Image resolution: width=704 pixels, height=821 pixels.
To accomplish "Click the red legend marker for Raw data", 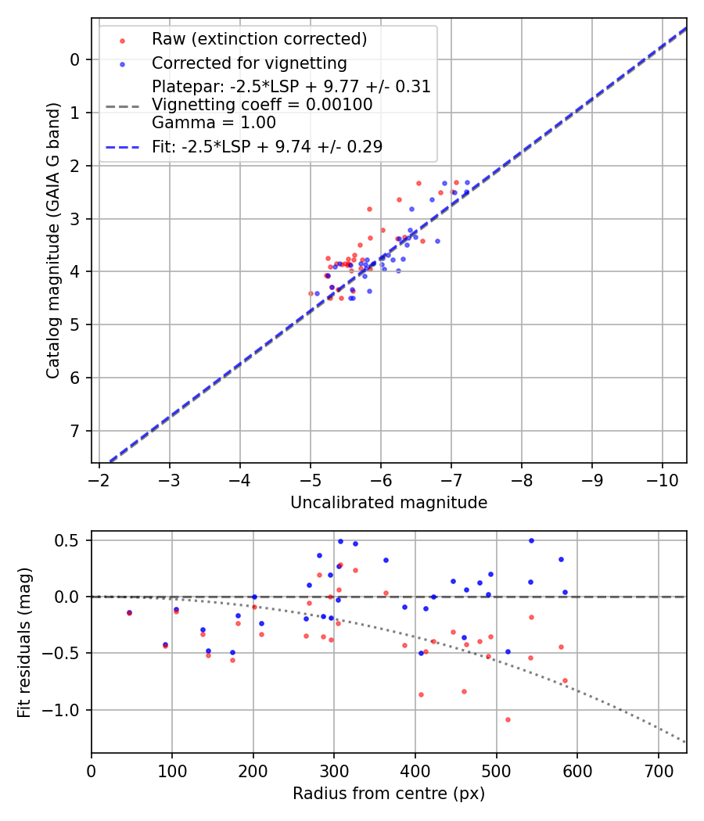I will point(122,40).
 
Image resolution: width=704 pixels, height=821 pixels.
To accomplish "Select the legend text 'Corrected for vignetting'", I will point(249,63).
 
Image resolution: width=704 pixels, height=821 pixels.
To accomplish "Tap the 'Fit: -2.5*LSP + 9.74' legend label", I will point(267,146).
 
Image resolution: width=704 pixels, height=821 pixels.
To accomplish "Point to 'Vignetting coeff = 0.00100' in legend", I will point(261,104).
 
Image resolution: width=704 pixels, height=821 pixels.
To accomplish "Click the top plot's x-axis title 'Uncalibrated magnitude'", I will point(389,503).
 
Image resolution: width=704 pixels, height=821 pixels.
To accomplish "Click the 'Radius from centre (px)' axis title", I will point(389,794).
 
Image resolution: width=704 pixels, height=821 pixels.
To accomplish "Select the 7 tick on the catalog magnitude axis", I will point(75,431).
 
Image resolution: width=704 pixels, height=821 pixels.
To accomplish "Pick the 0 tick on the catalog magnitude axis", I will point(75,59).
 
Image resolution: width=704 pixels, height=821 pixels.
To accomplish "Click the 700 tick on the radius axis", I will point(658,770).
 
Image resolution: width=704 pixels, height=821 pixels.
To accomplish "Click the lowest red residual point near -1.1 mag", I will point(508,719).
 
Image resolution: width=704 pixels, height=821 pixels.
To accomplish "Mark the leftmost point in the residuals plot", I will point(129,613).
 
